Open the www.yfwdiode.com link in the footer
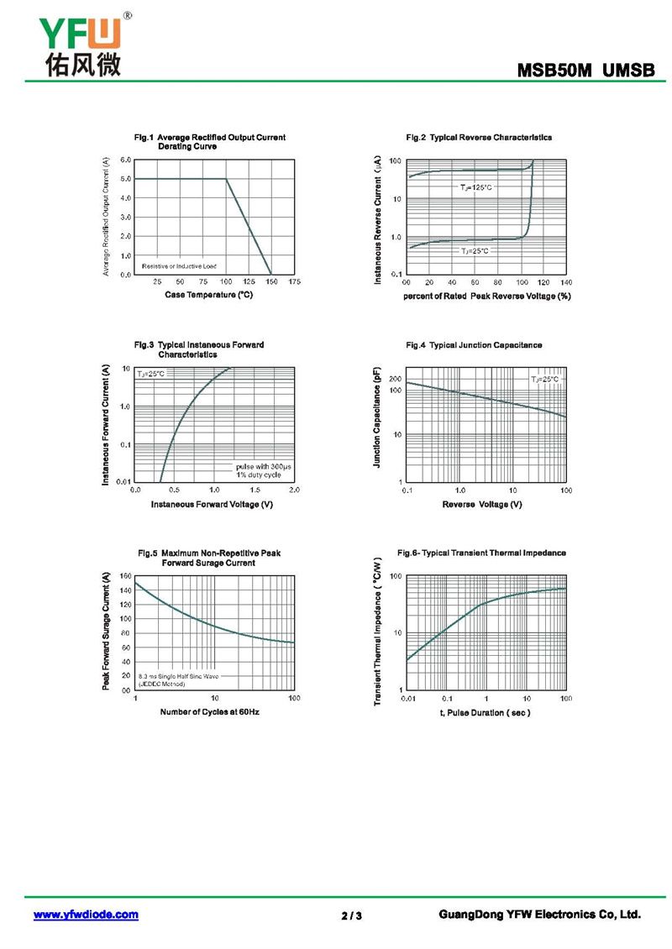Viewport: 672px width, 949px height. (x=86, y=915)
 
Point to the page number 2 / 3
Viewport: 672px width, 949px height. (x=352, y=915)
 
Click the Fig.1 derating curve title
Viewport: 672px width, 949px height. (x=210, y=141)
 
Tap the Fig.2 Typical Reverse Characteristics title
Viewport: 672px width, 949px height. (x=479, y=137)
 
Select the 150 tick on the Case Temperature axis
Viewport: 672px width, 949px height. (x=271, y=282)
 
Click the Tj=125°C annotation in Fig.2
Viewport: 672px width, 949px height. (x=475, y=186)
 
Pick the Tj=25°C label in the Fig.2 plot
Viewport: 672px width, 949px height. (x=474, y=251)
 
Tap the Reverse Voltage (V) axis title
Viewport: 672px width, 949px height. (x=482, y=504)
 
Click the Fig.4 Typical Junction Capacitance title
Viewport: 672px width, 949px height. (x=474, y=345)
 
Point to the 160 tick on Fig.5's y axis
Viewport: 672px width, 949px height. (x=126, y=576)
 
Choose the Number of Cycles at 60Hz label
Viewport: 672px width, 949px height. (x=209, y=712)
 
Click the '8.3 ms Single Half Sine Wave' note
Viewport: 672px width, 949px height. (x=178, y=675)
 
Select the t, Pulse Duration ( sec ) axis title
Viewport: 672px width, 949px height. (x=485, y=712)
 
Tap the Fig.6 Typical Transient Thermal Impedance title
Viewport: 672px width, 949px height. (x=481, y=553)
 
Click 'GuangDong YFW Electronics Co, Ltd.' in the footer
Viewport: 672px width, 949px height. (x=539, y=915)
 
